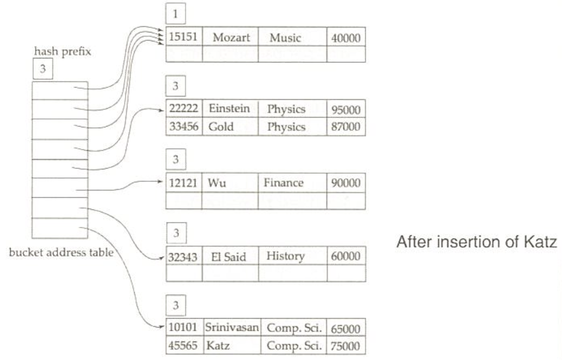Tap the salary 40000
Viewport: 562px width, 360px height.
click(x=347, y=38)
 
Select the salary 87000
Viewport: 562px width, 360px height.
click(x=347, y=127)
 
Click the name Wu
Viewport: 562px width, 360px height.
click(x=216, y=183)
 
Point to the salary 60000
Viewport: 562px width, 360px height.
click(x=347, y=258)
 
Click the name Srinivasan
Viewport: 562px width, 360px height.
click(x=230, y=329)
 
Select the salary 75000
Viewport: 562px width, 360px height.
click(x=347, y=347)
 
